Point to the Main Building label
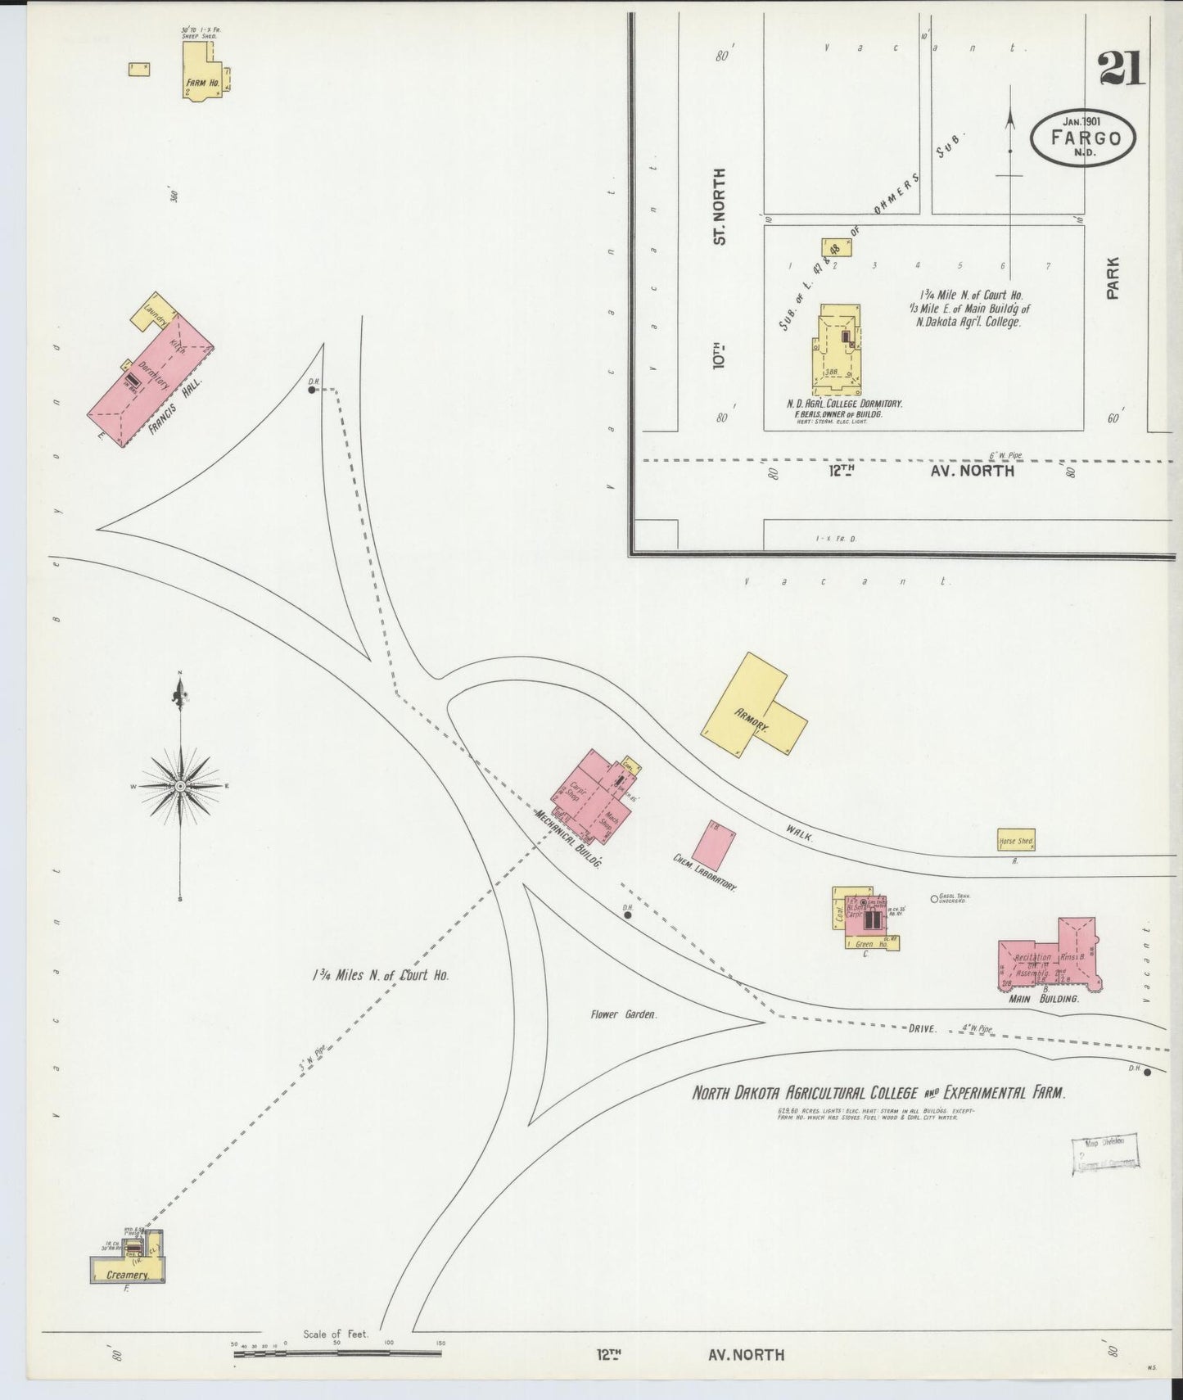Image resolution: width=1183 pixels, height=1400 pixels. [x=1043, y=999]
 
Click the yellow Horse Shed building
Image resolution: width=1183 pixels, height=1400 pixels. [x=1015, y=840]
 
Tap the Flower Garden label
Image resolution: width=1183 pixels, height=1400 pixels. [x=623, y=1014]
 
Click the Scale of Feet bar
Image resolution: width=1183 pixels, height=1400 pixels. [x=337, y=1353]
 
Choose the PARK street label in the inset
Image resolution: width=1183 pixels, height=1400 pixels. [x=1112, y=278]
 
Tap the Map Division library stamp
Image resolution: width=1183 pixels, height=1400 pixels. [x=1104, y=1155]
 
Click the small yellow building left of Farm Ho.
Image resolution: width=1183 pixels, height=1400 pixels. [x=138, y=70]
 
